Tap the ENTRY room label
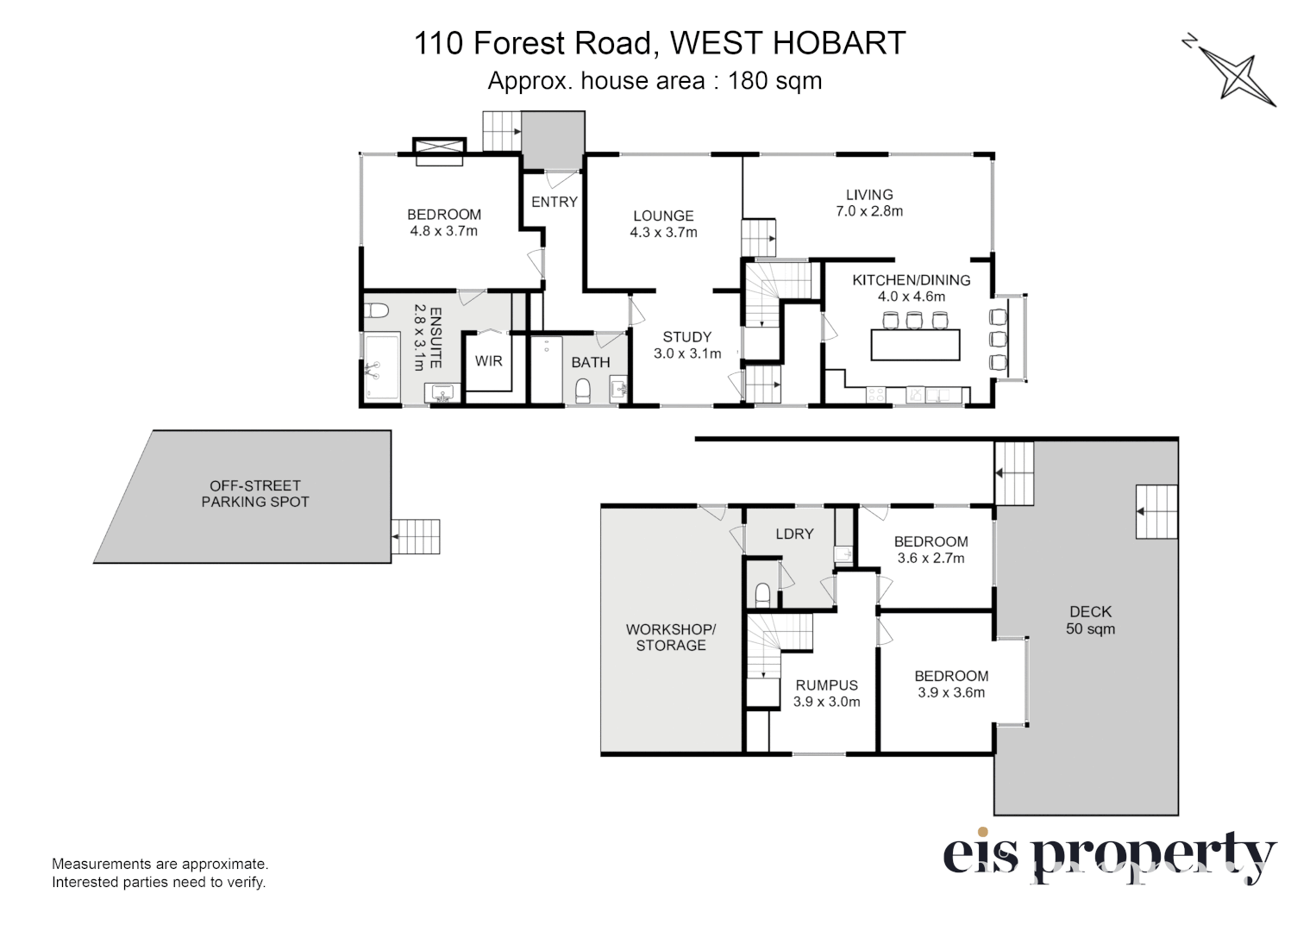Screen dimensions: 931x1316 [554, 202]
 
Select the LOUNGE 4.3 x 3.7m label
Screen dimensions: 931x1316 [663, 224]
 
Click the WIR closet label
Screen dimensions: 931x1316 [488, 361]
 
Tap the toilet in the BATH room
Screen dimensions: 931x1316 [582, 390]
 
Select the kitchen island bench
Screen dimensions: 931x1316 [915, 345]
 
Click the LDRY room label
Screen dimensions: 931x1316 [794, 534]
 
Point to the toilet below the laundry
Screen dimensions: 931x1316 [761, 595]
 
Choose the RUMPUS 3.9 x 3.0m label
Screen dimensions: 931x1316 [826, 693]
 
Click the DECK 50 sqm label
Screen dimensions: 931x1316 [1090, 620]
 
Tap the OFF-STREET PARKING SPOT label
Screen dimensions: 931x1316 [254, 494]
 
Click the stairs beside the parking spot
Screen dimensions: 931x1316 [417, 537]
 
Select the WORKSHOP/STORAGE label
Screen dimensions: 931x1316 [670, 637]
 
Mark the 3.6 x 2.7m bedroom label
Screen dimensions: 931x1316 [931, 550]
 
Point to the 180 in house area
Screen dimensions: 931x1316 [748, 81]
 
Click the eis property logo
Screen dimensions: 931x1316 [1109, 855]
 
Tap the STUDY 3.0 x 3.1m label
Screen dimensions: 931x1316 [687, 345]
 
